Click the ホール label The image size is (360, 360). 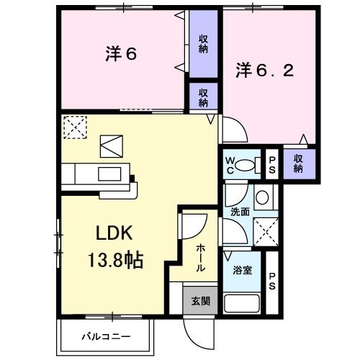[x=200, y=256]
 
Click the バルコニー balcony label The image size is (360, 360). [x=105, y=336]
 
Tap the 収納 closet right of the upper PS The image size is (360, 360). [x=297, y=163]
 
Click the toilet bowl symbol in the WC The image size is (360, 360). [x=248, y=163]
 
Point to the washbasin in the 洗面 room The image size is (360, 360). [x=263, y=197]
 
